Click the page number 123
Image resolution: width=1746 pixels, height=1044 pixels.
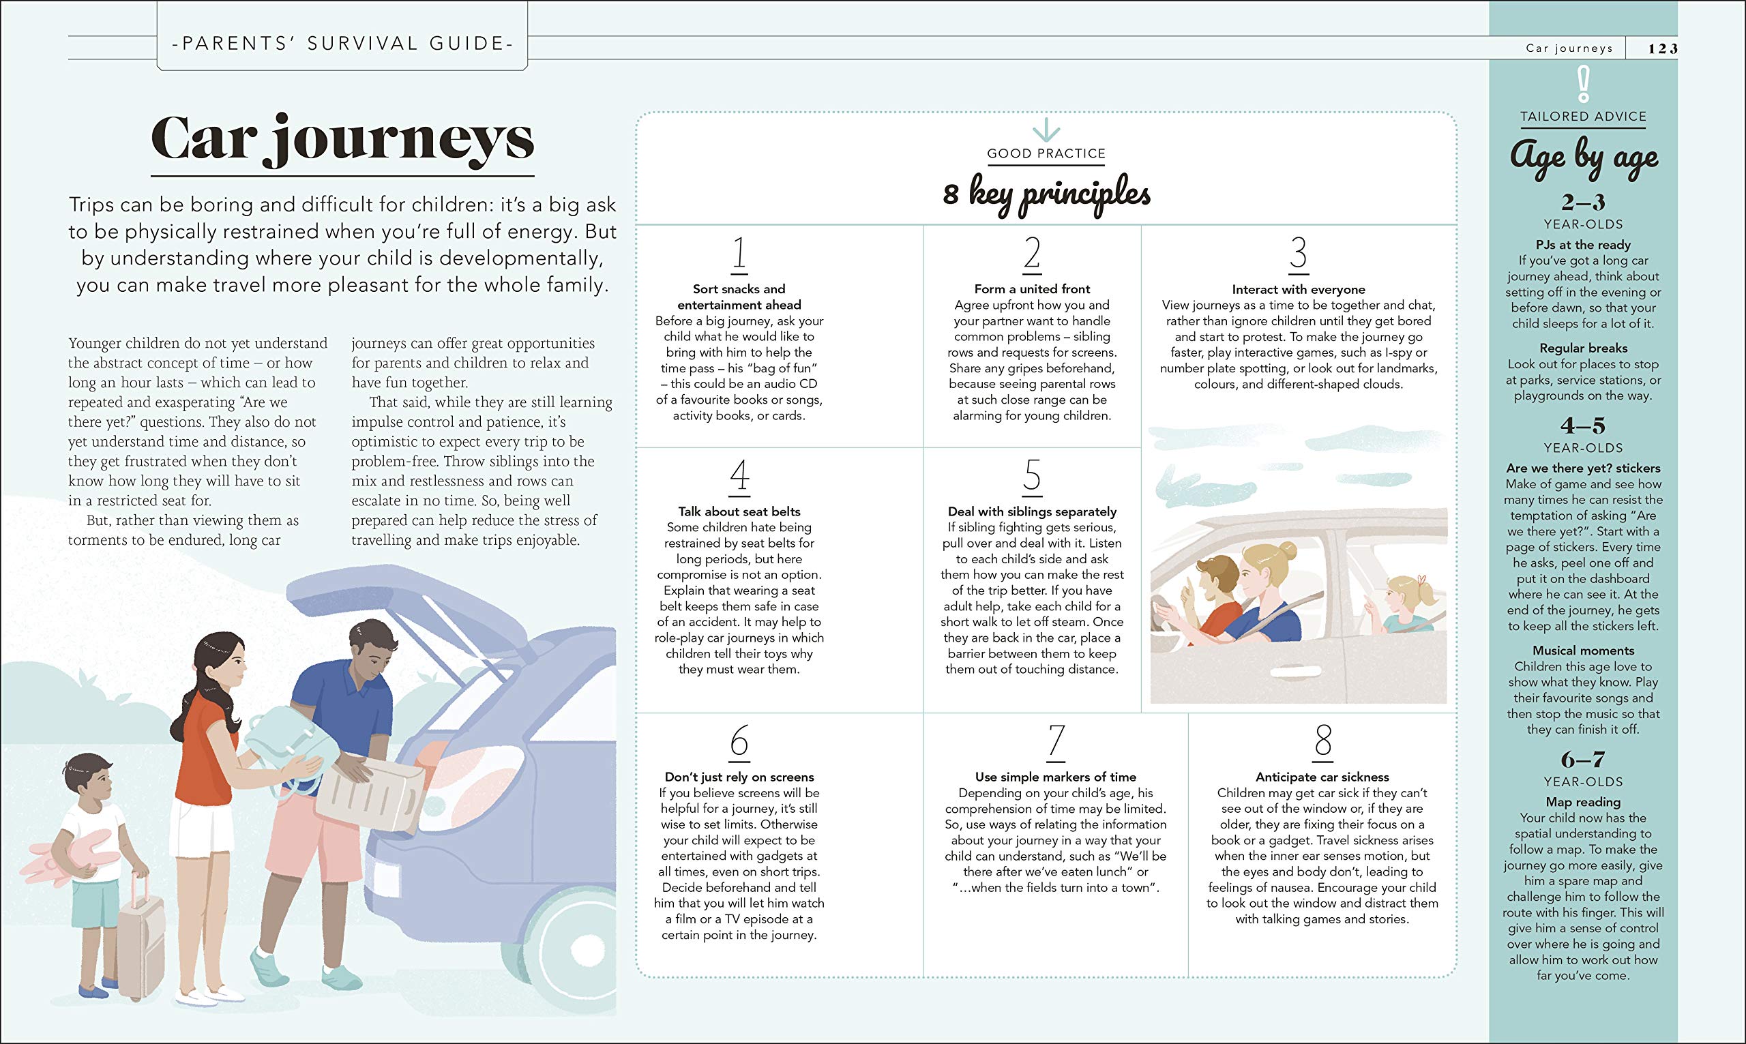coord(1662,48)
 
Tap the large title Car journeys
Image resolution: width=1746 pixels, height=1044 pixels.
coord(342,139)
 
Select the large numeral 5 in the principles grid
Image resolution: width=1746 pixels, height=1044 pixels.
coord(1032,475)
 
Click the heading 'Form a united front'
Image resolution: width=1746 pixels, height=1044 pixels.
coord(1032,289)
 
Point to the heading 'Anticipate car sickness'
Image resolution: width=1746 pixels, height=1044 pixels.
coord(1322,777)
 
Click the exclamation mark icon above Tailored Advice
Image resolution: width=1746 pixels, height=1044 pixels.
coord(1583,85)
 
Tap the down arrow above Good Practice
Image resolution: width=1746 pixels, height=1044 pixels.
coord(1046,130)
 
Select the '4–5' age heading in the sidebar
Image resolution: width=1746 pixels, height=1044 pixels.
coord(1583,426)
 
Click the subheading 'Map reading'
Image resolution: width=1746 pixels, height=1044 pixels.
coord(1583,802)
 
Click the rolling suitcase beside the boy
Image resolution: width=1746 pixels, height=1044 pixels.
coord(140,939)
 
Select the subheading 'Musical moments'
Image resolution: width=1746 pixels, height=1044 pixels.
coord(1583,651)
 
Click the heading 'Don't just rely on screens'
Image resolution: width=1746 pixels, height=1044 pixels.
coord(739,777)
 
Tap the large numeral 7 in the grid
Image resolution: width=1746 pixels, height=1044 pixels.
coord(1056,741)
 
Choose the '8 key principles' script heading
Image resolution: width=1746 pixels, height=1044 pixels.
coord(1046,194)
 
